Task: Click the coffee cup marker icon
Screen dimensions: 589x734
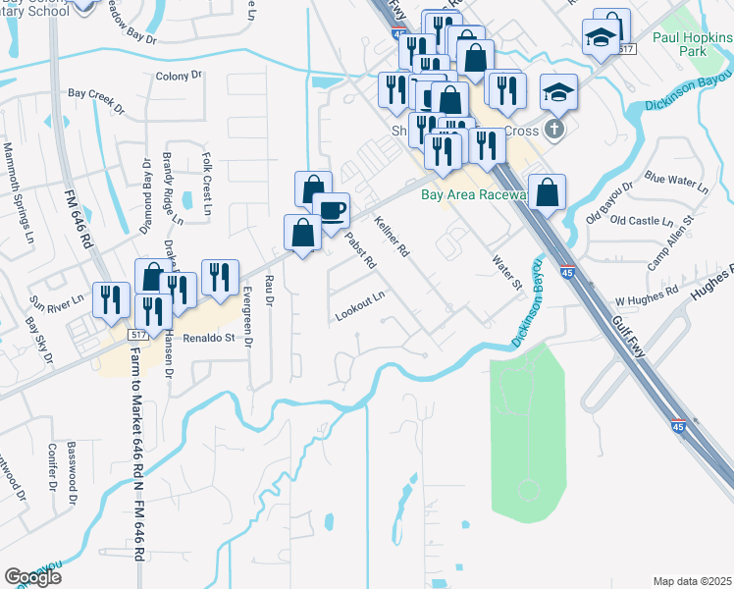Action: click(331, 209)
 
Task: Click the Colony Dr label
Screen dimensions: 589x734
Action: click(178, 76)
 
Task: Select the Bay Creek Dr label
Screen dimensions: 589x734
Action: click(96, 98)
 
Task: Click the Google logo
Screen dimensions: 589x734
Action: click(32, 577)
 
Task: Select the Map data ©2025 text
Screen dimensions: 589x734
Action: click(692, 581)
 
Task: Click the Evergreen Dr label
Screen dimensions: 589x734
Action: click(247, 314)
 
